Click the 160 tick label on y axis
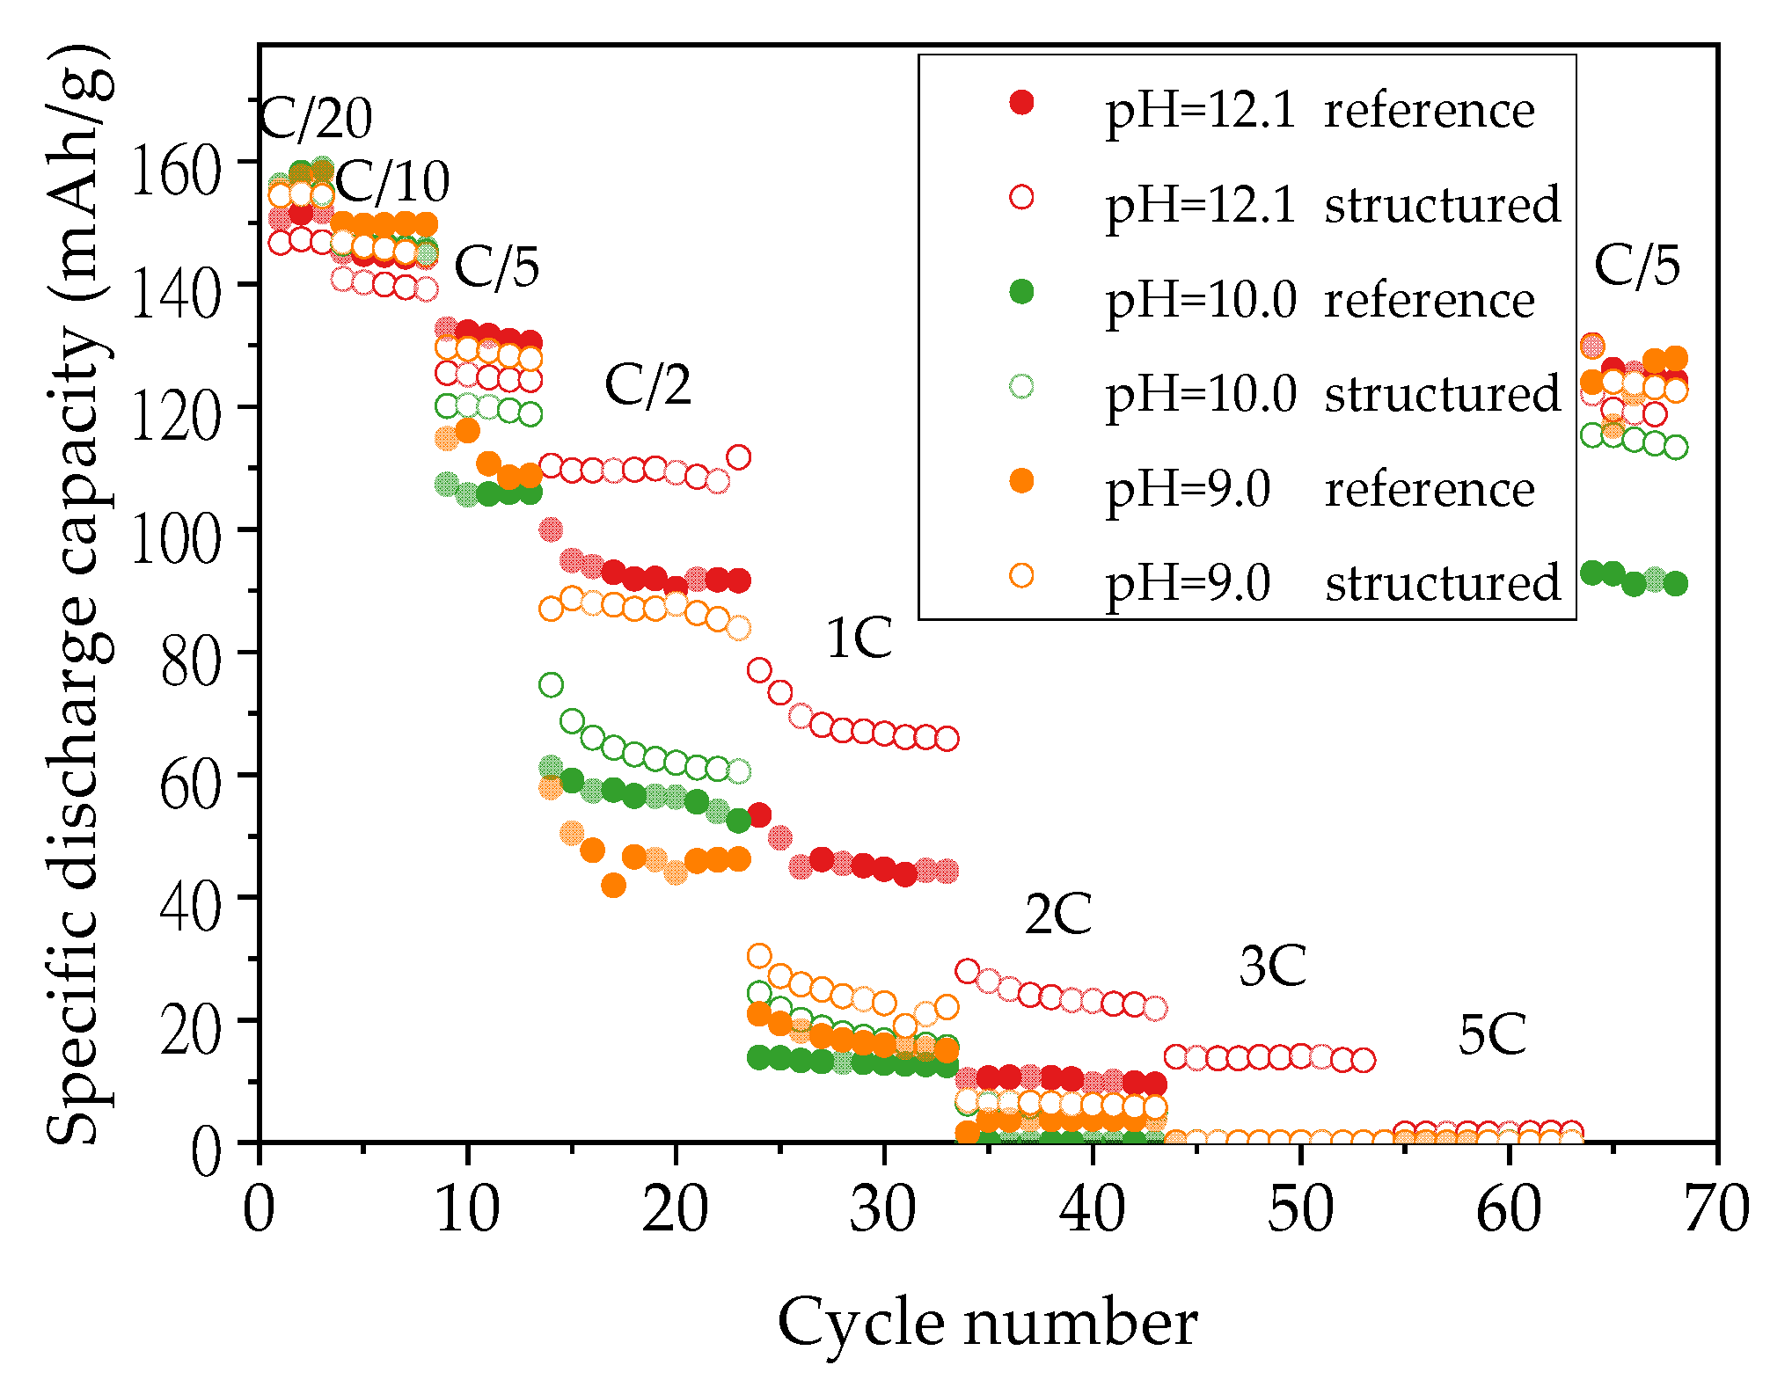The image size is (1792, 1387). [174, 170]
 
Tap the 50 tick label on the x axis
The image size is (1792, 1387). [1300, 1208]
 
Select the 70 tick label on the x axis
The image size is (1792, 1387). [1715, 1208]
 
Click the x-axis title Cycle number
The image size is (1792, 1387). [987, 1323]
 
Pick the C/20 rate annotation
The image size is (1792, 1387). [316, 118]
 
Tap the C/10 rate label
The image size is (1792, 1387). [392, 182]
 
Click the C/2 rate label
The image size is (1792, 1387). [647, 385]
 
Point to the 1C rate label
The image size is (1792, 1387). [859, 638]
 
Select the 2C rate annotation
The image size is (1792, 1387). [1057, 914]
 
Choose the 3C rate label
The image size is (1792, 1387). [1272, 966]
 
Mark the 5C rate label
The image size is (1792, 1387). [1492, 1034]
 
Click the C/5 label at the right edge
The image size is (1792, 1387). [1636, 265]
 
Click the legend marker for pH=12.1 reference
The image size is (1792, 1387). [1021, 103]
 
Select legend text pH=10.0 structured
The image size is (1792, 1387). [1332, 393]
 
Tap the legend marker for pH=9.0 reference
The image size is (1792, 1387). [1021, 481]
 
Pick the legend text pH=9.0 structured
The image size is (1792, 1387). [1332, 582]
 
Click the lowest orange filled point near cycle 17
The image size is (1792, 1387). [613, 885]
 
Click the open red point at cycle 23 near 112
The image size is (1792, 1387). [739, 457]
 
